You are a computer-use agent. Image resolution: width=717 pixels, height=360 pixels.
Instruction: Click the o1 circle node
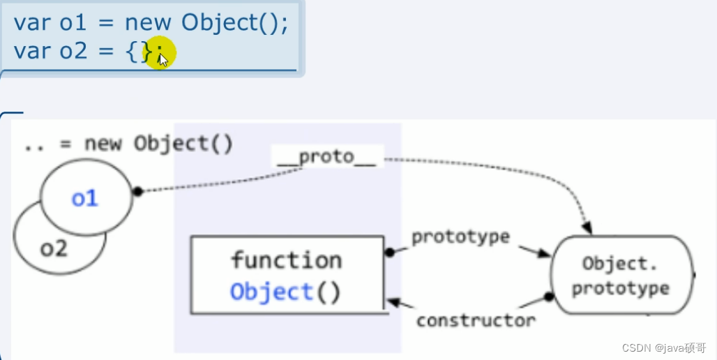tap(86, 198)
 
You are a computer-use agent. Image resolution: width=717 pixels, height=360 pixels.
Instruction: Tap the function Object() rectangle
tap(287, 275)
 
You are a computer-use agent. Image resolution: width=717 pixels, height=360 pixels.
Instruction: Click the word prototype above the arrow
tap(460, 237)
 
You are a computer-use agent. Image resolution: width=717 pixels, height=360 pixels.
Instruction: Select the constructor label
tap(476, 320)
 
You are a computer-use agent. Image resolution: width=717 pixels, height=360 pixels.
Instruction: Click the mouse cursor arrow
tap(163, 59)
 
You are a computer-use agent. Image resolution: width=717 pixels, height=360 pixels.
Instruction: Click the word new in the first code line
tap(148, 22)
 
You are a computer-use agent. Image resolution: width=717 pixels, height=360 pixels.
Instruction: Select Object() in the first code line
tap(234, 22)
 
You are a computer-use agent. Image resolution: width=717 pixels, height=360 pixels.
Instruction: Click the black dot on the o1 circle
tap(137, 190)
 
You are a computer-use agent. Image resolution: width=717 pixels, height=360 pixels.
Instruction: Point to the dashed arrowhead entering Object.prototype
tap(587, 228)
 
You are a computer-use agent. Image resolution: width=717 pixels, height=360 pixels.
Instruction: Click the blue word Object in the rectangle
tap(271, 291)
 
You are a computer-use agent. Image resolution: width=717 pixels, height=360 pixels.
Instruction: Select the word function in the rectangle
tap(287, 260)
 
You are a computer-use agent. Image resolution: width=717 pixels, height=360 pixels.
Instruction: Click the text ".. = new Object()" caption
tap(128, 144)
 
